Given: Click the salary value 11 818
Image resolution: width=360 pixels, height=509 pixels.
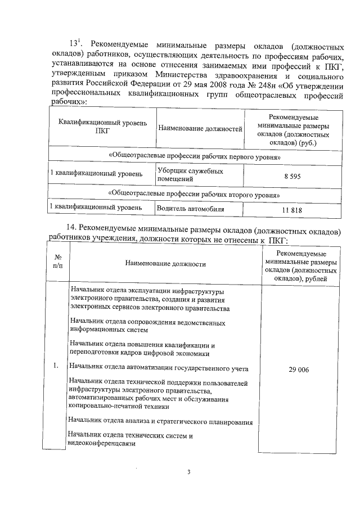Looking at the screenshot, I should click(292, 210).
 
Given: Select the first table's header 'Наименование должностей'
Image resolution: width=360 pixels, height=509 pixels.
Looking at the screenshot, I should click(200, 128).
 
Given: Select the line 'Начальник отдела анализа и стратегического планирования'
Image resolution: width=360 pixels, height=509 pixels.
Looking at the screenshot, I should click(160, 421).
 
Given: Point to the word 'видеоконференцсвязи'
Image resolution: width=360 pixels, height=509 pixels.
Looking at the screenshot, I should click(101, 443).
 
